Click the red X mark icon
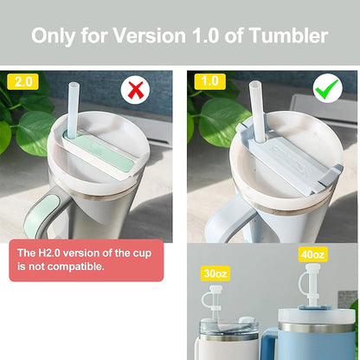(135, 90)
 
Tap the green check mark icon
(327, 89)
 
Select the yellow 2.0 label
(22, 81)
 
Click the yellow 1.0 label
(209, 81)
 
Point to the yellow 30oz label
(215, 273)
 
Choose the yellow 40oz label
(312, 254)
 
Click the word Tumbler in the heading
(288, 35)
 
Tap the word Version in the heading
(149, 35)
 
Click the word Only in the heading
(54, 36)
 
